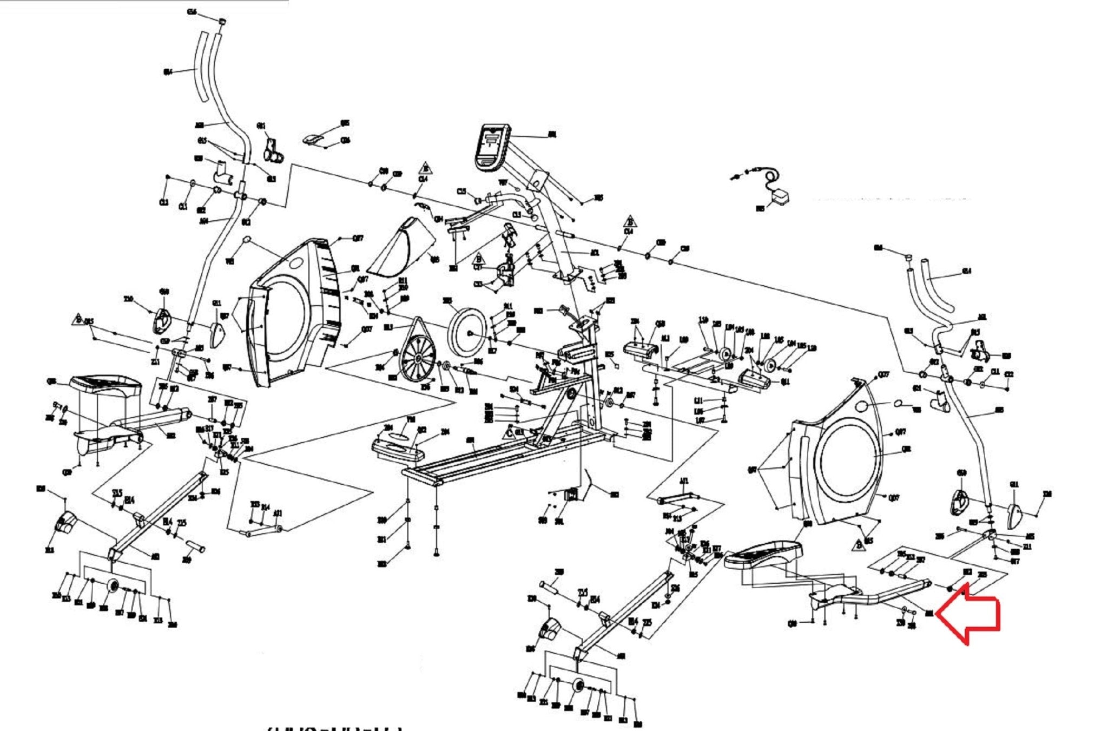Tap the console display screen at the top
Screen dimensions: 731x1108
(492, 146)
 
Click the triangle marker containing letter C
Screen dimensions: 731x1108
(509, 433)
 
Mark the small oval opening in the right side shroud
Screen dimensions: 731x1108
(864, 406)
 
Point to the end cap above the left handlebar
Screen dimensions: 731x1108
(222, 22)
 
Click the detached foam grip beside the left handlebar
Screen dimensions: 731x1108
(201, 68)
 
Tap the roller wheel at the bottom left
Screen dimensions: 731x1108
(114, 587)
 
